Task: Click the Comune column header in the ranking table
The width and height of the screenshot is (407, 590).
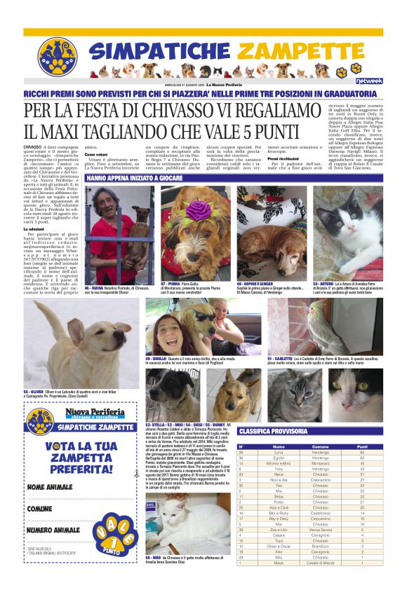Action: [320, 446]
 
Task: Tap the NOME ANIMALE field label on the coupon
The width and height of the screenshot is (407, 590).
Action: [51, 486]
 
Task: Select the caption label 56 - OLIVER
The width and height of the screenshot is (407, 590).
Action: [35, 392]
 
